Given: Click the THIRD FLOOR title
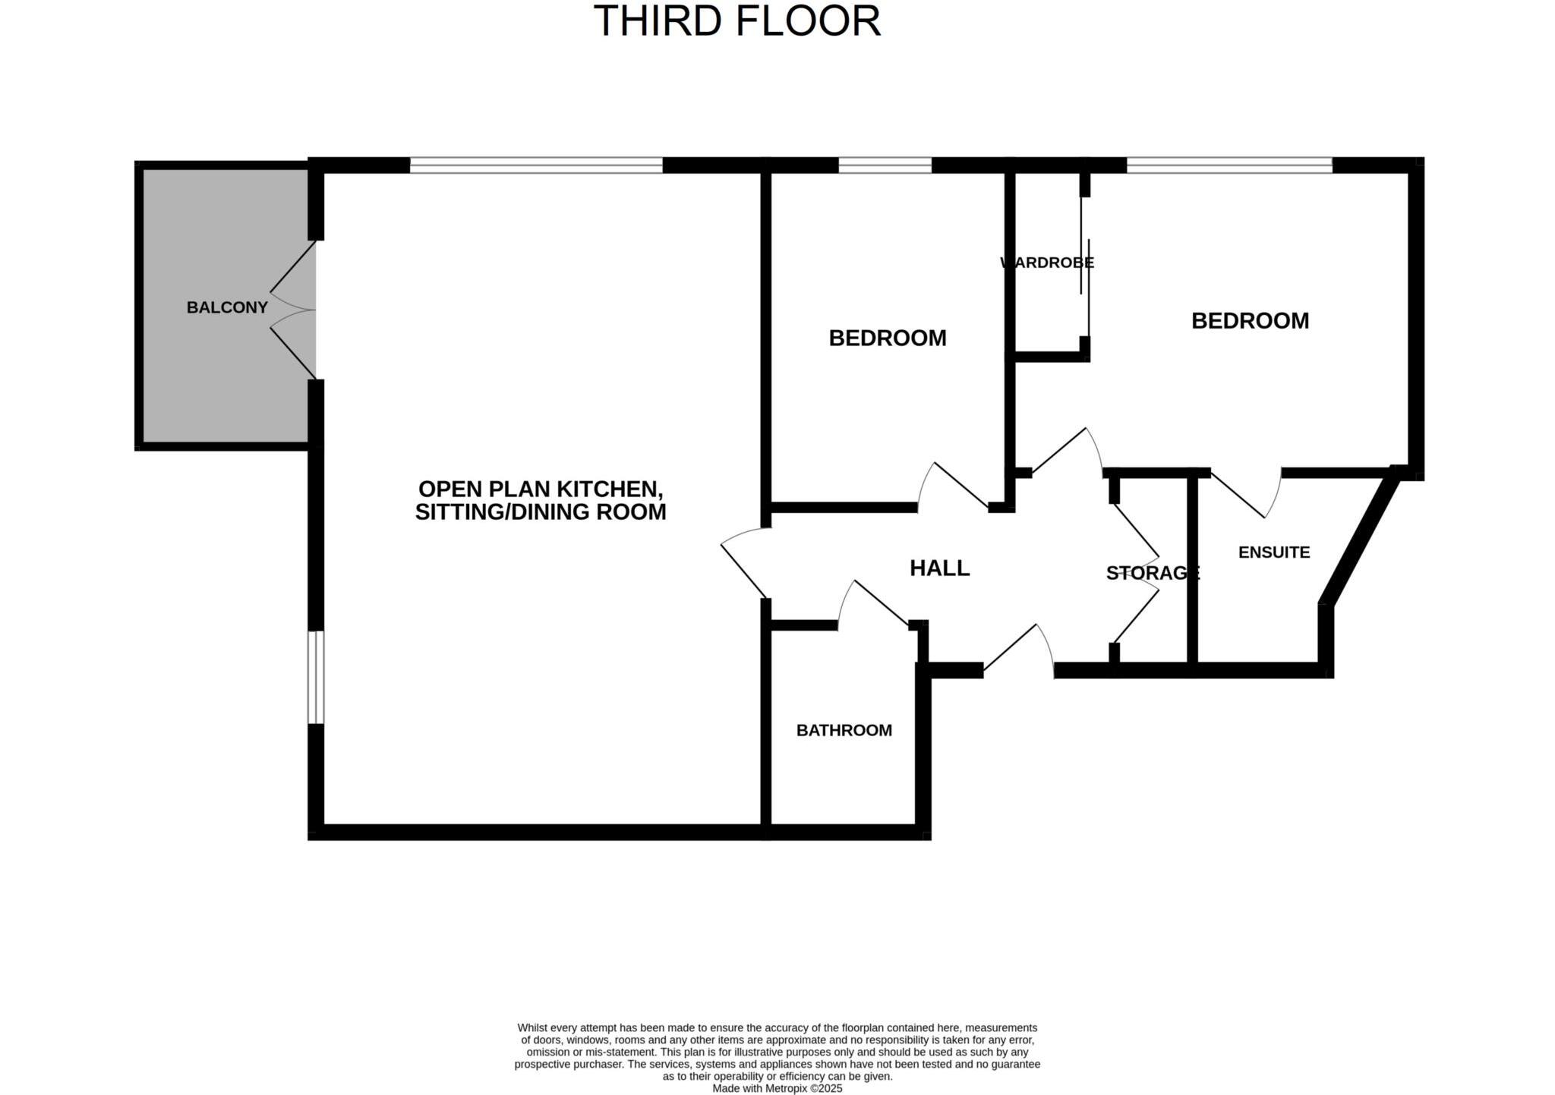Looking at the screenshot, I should click(x=736, y=21).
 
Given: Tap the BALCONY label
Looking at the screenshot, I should click(x=227, y=307).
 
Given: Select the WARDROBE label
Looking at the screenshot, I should click(x=1047, y=263).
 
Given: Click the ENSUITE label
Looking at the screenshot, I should click(x=1273, y=552).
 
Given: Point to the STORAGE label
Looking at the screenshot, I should click(x=1152, y=573).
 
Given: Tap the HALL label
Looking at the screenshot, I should click(x=939, y=568).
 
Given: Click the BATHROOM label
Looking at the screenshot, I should click(x=844, y=730).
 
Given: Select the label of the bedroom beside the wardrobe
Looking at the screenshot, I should click(x=1250, y=321).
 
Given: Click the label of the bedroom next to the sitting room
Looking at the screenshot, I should click(x=887, y=338).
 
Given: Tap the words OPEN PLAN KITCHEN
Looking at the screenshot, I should click(x=540, y=488).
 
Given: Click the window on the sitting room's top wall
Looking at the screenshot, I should click(x=536, y=165).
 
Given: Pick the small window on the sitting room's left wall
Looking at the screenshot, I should click(x=315, y=677).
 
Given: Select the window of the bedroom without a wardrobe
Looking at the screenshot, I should click(x=885, y=165).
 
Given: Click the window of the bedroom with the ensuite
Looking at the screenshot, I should click(x=1229, y=165).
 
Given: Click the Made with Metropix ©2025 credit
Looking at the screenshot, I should click(x=777, y=1088).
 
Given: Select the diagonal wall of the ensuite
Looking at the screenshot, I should click(x=1359, y=539).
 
